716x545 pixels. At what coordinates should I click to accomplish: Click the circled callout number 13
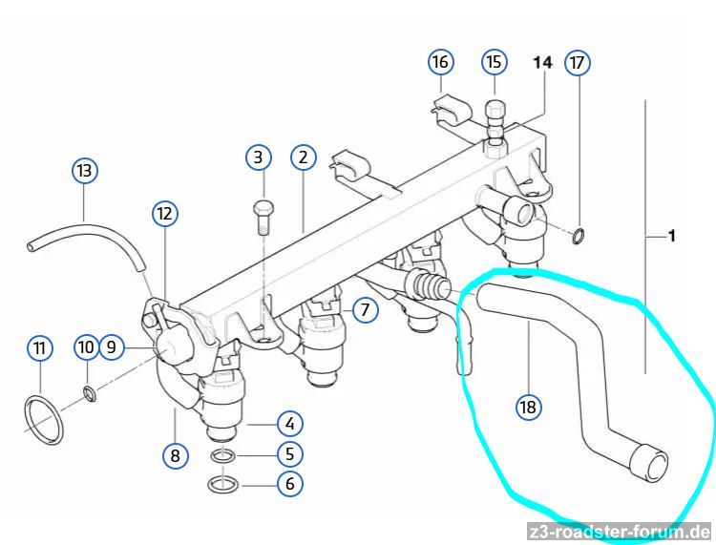click(86, 171)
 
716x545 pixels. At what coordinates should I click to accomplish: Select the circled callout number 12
click(164, 214)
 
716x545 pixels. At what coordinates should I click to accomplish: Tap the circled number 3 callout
click(258, 157)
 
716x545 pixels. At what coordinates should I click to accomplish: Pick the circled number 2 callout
click(303, 157)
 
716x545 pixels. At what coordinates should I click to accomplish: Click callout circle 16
click(439, 63)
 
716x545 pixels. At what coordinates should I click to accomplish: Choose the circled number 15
click(493, 63)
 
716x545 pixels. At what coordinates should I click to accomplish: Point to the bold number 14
click(542, 62)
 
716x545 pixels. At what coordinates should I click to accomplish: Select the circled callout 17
click(577, 63)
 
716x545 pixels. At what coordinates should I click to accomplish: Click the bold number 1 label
click(672, 235)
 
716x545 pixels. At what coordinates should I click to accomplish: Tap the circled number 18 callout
click(527, 408)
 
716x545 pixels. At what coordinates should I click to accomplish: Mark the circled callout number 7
click(364, 309)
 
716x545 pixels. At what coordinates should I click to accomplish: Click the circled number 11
click(39, 348)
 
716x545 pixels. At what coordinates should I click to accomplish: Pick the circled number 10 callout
click(86, 348)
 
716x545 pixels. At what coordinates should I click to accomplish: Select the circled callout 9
click(112, 348)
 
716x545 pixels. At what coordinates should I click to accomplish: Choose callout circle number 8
click(175, 455)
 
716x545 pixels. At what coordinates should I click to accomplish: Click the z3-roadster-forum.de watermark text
click(618, 532)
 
